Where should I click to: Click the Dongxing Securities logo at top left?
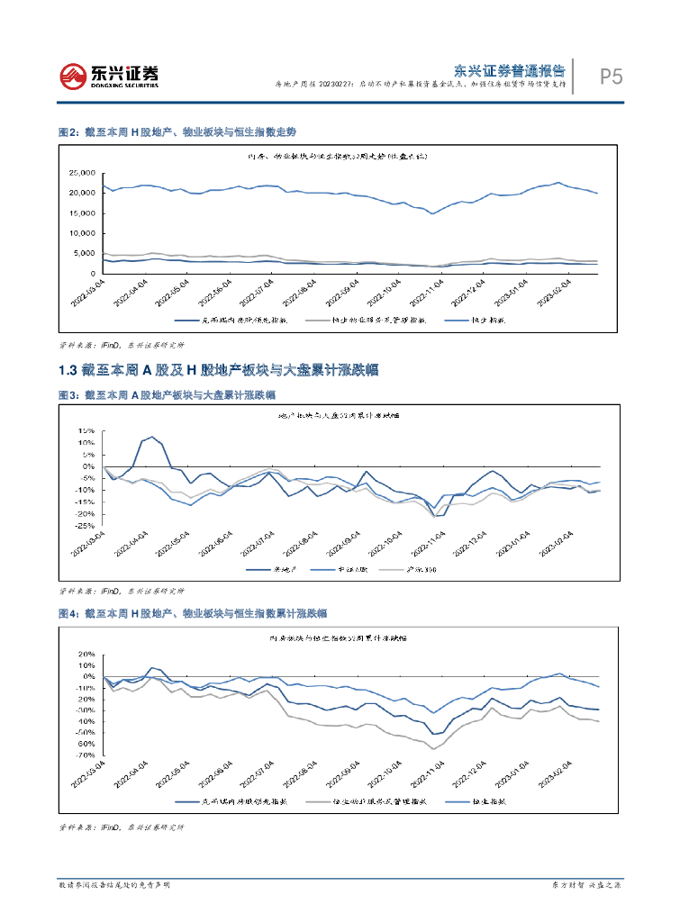tap(108, 77)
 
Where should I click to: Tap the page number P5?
tap(612, 77)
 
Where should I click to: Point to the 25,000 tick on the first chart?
tap(82, 173)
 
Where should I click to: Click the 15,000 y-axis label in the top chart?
tap(82, 213)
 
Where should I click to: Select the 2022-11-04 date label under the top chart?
tap(428, 294)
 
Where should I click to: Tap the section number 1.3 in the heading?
tap(68, 370)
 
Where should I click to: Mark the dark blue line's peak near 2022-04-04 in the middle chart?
tap(152, 437)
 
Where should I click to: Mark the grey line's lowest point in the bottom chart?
tap(433, 748)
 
